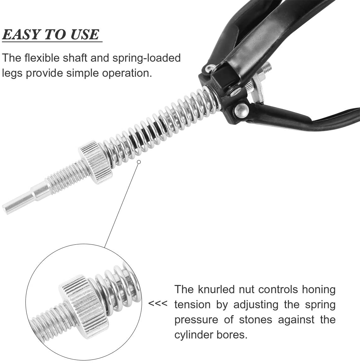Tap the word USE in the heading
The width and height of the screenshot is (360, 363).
click(x=85, y=34)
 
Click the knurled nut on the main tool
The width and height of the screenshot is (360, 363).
click(x=95, y=163)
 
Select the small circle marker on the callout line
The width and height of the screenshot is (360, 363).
click(x=139, y=162)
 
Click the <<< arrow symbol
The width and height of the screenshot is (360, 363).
click(x=158, y=304)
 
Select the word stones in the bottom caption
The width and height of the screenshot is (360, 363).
click(x=256, y=320)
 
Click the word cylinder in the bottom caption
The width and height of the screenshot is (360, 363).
click(x=194, y=335)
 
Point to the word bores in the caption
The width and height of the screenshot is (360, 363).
click(x=232, y=335)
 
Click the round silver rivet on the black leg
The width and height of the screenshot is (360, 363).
click(x=242, y=110)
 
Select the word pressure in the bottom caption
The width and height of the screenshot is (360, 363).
click(x=196, y=320)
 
